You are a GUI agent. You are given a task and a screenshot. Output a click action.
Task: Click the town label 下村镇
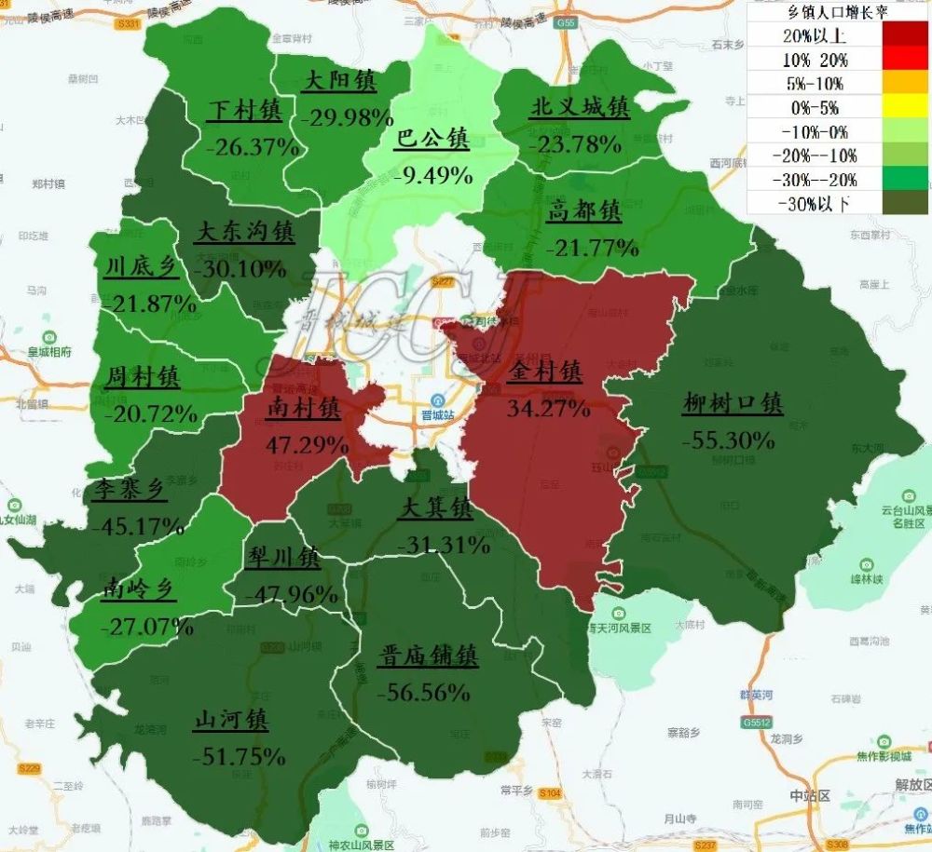pyautogui.click(x=243, y=111)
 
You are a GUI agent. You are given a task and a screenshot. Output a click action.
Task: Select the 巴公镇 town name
pyautogui.click(x=432, y=139)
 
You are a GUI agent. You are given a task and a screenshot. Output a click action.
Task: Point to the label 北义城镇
pyautogui.click(x=579, y=108)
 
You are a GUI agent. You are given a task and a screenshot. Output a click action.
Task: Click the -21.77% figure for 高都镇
pyautogui.click(x=593, y=248)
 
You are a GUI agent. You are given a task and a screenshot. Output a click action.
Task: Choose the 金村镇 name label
pyautogui.click(x=546, y=372)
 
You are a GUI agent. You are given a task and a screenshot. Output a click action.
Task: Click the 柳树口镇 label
pyautogui.click(x=733, y=404)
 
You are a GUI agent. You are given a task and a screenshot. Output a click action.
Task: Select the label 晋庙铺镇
pyautogui.click(x=428, y=656)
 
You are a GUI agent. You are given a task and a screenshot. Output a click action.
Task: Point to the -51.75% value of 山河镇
pyautogui.click(x=239, y=756)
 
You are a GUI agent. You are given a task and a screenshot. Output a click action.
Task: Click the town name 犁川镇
pyautogui.click(x=282, y=558)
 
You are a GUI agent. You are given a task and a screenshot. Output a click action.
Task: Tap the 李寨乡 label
pyautogui.click(x=130, y=491)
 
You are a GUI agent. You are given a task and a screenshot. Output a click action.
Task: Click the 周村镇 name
pyautogui.click(x=143, y=377)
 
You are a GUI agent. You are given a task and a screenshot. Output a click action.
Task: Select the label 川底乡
pyautogui.click(x=140, y=267)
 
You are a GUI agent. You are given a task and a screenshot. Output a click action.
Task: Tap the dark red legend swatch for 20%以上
pyautogui.click(x=904, y=36)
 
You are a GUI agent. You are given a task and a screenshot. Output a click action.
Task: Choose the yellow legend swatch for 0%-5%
pyautogui.click(x=904, y=108)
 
